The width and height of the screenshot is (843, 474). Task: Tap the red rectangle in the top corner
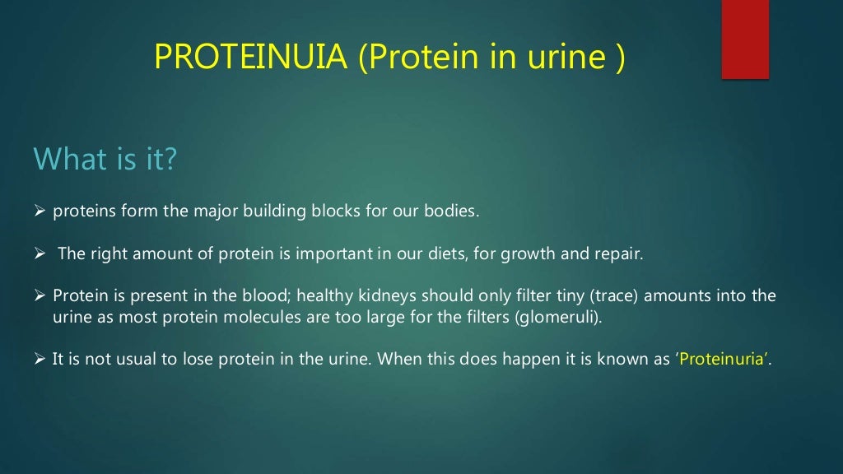(x=745, y=39)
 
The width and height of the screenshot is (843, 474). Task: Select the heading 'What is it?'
(x=104, y=158)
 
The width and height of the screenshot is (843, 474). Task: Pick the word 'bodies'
(x=452, y=211)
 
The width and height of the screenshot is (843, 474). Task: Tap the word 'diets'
(x=445, y=253)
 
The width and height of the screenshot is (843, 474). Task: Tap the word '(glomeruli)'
(x=559, y=318)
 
